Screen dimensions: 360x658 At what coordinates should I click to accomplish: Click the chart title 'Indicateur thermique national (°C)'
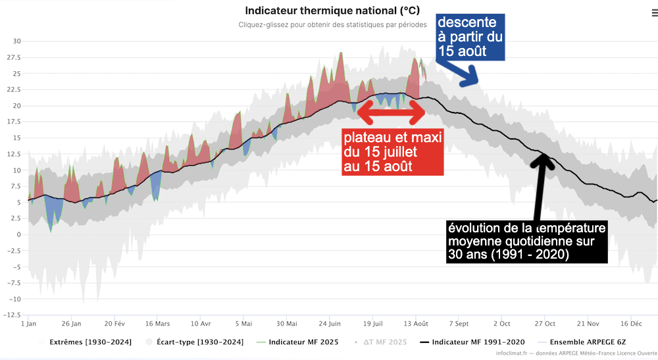click(x=332, y=11)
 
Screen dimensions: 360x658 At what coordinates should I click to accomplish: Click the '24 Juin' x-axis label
click(x=330, y=324)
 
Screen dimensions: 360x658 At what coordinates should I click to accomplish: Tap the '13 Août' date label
click(x=416, y=324)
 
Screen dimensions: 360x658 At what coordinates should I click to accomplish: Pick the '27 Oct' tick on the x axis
click(x=545, y=324)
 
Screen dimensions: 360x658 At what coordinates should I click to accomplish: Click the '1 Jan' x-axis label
click(x=29, y=324)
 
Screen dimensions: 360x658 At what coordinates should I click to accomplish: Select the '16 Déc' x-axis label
click(x=631, y=324)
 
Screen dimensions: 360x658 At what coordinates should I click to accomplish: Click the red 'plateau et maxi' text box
click(x=392, y=151)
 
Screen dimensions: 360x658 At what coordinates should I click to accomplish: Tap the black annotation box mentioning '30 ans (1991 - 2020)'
click(x=526, y=242)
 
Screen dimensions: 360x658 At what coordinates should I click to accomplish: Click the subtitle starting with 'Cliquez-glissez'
click(x=332, y=25)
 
